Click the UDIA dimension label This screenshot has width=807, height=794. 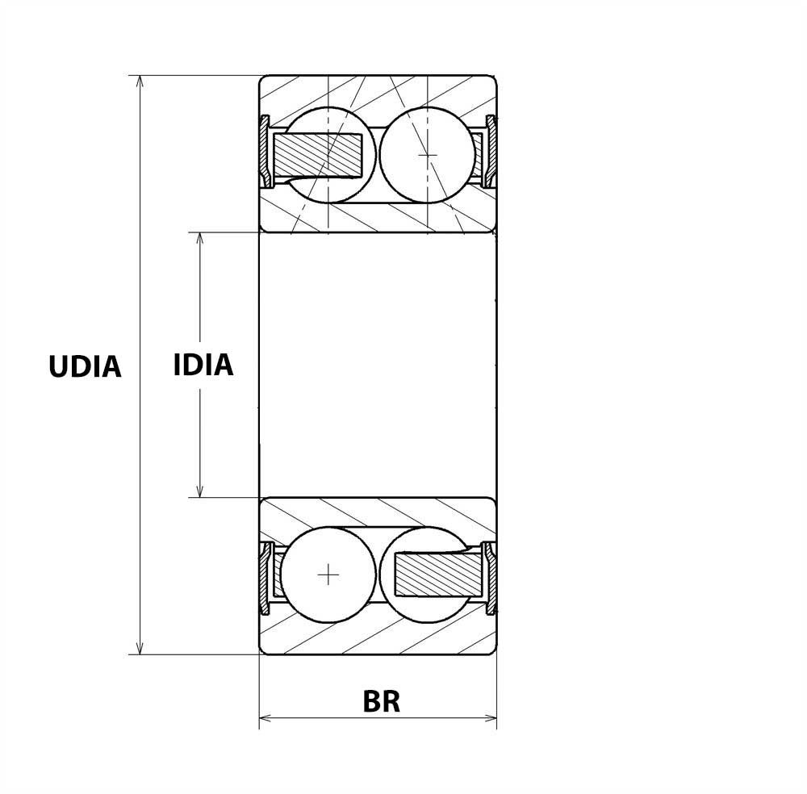pyautogui.click(x=85, y=367)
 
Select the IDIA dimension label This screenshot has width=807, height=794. pyautogui.click(x=203, y=365)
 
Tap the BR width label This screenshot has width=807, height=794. pyautogui.click(x=382, y=701)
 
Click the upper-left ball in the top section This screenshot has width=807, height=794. pyautogui.click(x=329, y=155)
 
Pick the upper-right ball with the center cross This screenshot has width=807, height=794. pyautogui.click(x=427, y=155)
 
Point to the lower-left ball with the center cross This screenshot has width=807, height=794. pyautogui.click(x=328, y=575)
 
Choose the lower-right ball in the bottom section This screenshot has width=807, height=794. pyautogui.click(x=427, y=575)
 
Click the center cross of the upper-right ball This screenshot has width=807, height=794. pyautogui.click(x=428, y=155)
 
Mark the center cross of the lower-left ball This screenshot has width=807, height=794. pyautogui.click(x=328, y=575)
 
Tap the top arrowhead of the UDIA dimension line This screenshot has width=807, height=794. pyautogui.click(x=140, y=81)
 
